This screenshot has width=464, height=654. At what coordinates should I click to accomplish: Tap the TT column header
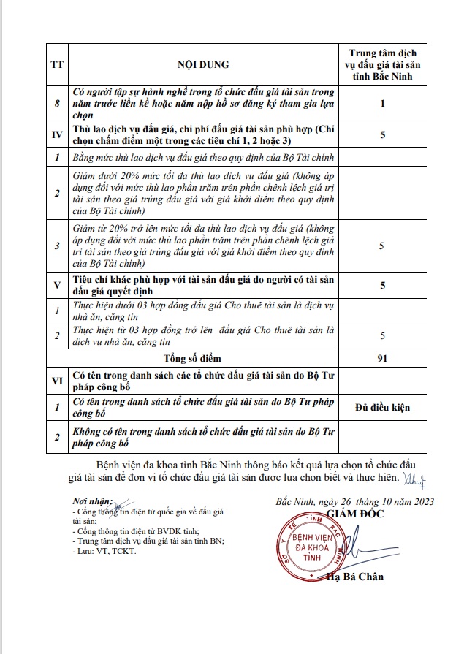(56, 64)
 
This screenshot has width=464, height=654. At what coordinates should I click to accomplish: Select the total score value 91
(382, 358)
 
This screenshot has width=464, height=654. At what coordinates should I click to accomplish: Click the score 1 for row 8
(382, 104)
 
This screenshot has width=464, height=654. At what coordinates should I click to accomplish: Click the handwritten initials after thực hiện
(413, 479)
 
